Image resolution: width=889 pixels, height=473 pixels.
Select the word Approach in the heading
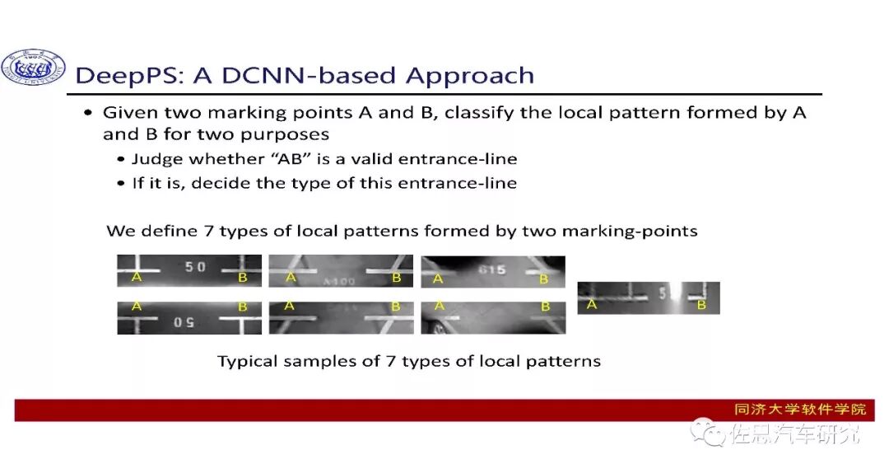[x=469, y=77]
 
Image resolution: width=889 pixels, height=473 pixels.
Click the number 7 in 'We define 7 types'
[x=209, y=232]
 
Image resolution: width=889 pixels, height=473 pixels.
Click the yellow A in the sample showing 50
[x=137, y=278]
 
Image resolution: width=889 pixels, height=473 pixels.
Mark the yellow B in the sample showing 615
[x=543, y=279]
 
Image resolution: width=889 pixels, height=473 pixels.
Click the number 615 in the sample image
[x=491, y=269]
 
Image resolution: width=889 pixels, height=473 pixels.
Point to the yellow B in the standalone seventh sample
[x=701, y=305]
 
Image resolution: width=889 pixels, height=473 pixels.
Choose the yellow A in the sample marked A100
[x=291, y=278]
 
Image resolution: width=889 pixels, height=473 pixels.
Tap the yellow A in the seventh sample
[x=591, y=305]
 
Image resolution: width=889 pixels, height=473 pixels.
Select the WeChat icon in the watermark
[x=705, y=431]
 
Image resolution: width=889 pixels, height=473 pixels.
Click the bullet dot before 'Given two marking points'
[x=88, y=113]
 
